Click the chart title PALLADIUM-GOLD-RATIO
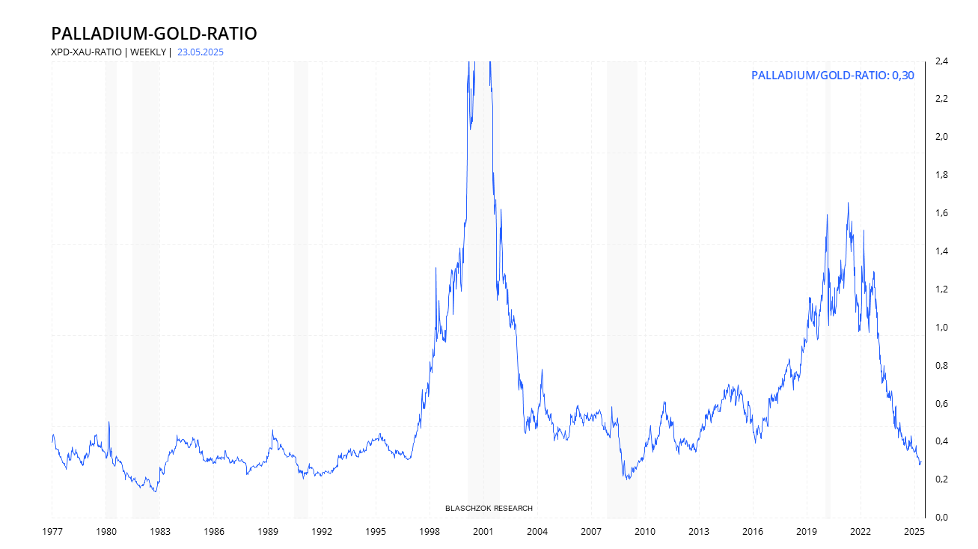[153, 34]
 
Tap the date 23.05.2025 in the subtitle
[201, 52]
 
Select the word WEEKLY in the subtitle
[149, 52]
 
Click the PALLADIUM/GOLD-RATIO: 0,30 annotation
[832, 76]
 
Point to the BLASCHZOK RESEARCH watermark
[489, 509]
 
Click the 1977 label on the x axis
[52, 532]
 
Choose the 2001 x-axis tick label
[483, 532]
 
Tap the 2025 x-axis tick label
[914, 532]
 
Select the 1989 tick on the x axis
[267, 532]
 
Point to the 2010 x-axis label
[644, 532]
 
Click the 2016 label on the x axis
[752, 532]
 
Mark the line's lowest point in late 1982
[155, 491]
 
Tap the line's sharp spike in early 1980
[109, 422]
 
